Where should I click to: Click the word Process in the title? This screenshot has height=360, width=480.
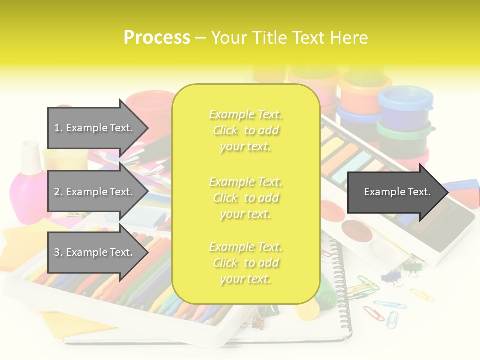coord(157,37)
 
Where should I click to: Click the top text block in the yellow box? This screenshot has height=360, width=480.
coord(246,130)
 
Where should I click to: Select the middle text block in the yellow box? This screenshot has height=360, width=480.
coord(246,197)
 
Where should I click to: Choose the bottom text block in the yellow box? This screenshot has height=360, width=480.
coord(246,263)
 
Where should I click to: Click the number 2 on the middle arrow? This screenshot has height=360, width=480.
coord(57,192)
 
